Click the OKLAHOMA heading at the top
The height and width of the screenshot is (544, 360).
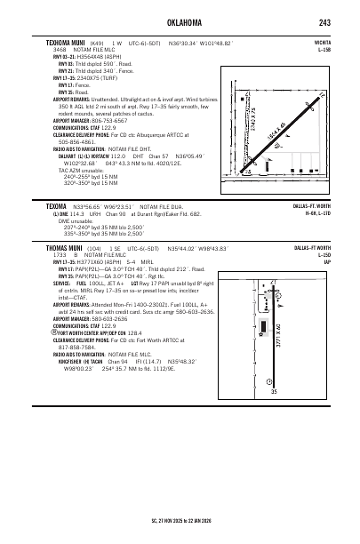180,22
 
